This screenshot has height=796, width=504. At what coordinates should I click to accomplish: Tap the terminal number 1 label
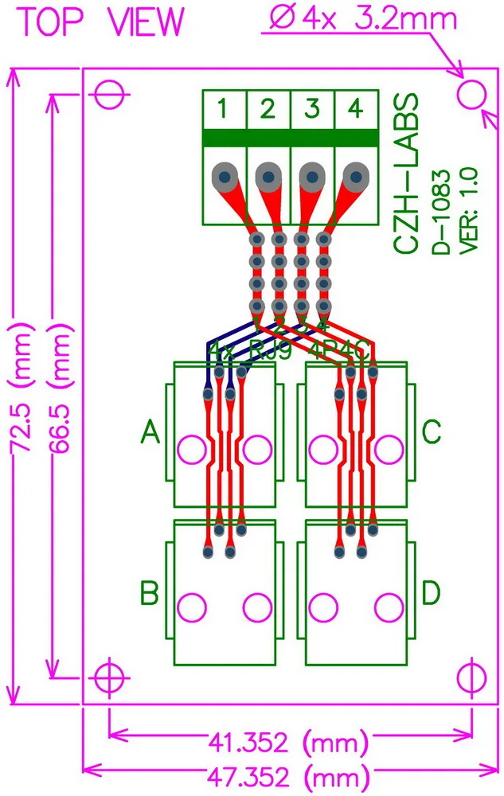pyautogui.click(x=225, y=108)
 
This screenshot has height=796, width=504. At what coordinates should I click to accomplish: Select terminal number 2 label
pyautogui.click(x=268, y=108)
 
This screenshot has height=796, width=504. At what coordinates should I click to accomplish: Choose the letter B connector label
pyautogui.click(x=150, y=593)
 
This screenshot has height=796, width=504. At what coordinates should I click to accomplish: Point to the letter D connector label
pyautogui.click(x=432, y=593)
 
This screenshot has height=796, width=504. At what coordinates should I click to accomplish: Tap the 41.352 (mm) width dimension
pyautogui.click(x=288, y=743)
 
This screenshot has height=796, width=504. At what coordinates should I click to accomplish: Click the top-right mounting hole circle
pyautogui.click(x=471, y=94)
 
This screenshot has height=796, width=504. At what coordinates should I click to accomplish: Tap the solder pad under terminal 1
pyautogui.click(x=225, y=176)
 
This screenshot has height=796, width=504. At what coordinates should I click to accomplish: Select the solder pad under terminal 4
pyautogui.click(x=356, y=176)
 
